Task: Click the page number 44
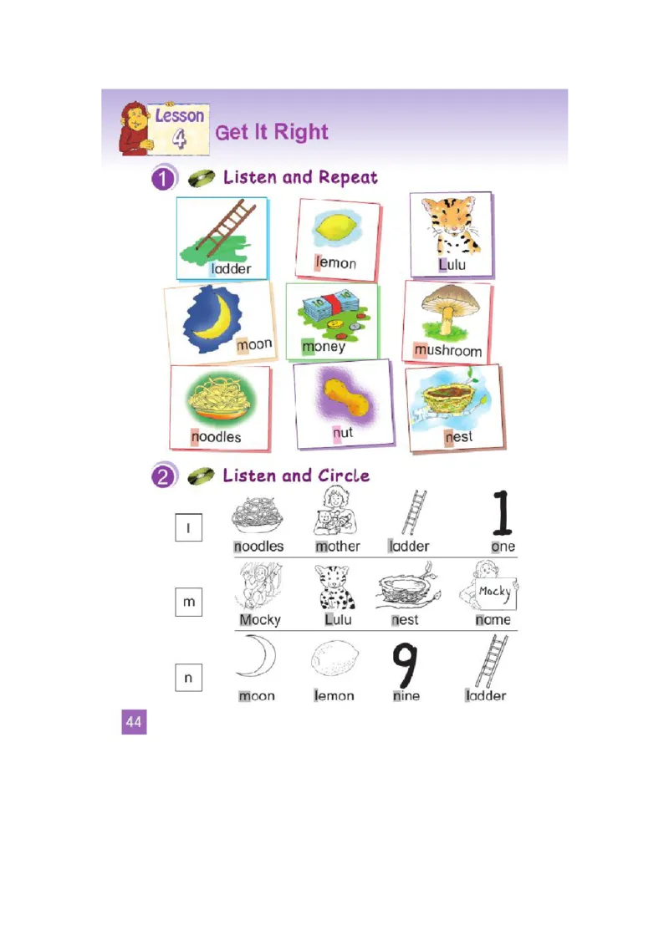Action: pos(134,721)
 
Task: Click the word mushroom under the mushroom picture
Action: pos(448,350)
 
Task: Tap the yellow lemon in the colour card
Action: pos(339,229)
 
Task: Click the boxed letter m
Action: pos(189,602)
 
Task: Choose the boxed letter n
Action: pos(188,678)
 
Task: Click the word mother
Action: pos(338,546)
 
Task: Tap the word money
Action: pos(324,347)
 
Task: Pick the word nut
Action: pos(342,433)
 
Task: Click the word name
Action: pos(493,619)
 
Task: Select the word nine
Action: pos(406,695)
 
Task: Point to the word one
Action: pos(503,547)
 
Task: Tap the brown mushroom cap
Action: pos(451,298)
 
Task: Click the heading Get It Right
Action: pos(272,132)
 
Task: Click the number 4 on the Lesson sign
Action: pos(179,138)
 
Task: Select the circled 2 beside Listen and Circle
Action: pos(163,477)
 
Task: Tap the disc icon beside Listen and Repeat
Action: pos(202,178)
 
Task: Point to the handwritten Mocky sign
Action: pos(496,593)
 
